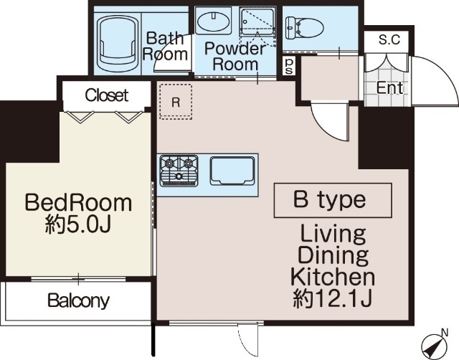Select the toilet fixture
click(304, 28)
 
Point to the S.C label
click(389, 39)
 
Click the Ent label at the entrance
click(389, 87)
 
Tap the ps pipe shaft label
click(289, 66)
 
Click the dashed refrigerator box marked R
click(176, 102)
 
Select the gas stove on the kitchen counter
click(179, 171)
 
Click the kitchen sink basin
click(232, 171)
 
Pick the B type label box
click(333, 201)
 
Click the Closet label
click(107, 95)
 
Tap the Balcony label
click(78, 300)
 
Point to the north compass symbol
click(435, 345)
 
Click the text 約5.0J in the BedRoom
click(78, 225)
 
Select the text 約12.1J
click(333, 299)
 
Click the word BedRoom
click(78, 202)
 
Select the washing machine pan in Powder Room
click(257, 27)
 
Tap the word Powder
click(235, 48)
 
